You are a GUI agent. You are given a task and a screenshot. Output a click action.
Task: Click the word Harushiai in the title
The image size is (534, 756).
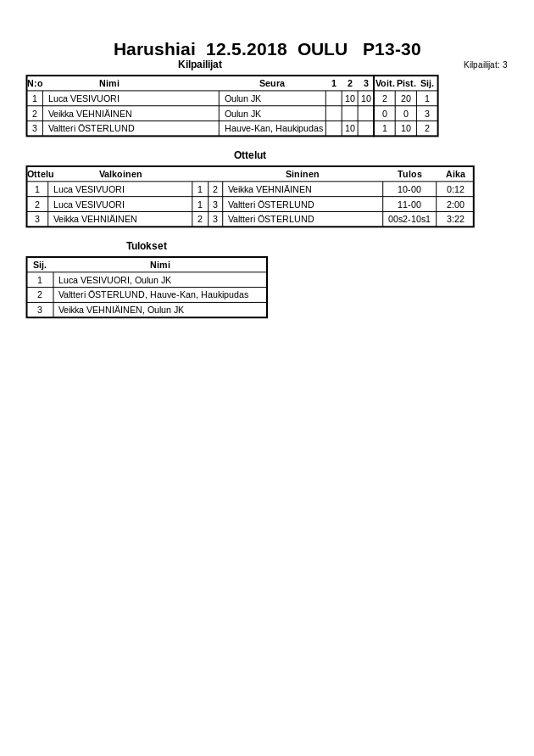click(x=154, y=49)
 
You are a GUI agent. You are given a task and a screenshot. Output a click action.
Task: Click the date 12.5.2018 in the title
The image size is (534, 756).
click(x=246, y=49)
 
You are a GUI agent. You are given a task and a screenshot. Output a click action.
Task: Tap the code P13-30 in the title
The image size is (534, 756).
click(x=392, y=49)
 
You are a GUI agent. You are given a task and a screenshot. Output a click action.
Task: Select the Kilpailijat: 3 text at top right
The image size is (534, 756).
click(x=485, y=64)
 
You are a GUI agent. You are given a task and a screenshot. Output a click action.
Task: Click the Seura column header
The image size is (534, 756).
click(x=272, y=83)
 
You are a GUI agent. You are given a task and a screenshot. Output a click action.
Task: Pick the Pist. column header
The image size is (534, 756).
click(x=406, y=83)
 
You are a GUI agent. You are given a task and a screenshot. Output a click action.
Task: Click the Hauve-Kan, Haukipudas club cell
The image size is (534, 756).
click(x=273, y=128)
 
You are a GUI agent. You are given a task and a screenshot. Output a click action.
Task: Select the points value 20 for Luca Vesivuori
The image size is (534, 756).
click(x=406, y=98)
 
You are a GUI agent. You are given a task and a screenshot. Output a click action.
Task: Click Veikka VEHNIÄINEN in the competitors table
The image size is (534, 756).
click(x=90, y=114)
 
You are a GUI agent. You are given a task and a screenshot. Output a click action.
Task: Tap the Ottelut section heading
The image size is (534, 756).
click(x=250, y=155)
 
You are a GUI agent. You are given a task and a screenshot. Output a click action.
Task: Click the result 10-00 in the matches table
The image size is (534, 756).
click(x=409, y=189)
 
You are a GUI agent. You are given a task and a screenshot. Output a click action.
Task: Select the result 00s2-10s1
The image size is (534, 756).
click(x=409, y=219)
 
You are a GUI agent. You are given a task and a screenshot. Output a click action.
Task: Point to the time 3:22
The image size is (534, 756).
click(x=455, y=219)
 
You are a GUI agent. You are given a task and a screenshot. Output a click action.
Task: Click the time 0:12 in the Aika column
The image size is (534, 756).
click(x=455, y=189)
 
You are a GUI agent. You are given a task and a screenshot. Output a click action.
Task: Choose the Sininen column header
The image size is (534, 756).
click(x=302, y=174)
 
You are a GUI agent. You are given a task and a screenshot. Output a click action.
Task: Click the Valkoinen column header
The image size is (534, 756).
click(x=120, y=174)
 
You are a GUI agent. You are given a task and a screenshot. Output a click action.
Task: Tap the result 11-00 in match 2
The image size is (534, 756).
click(x=409, y=204)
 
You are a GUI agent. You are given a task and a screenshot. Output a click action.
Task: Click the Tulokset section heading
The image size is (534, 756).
click(x=147, y=246)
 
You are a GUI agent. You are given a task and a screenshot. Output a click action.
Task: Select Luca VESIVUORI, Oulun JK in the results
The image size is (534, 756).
click(x=114, y=280)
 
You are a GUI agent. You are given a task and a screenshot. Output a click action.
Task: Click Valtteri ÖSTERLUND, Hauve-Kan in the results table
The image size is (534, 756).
click(x=153, y=294)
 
